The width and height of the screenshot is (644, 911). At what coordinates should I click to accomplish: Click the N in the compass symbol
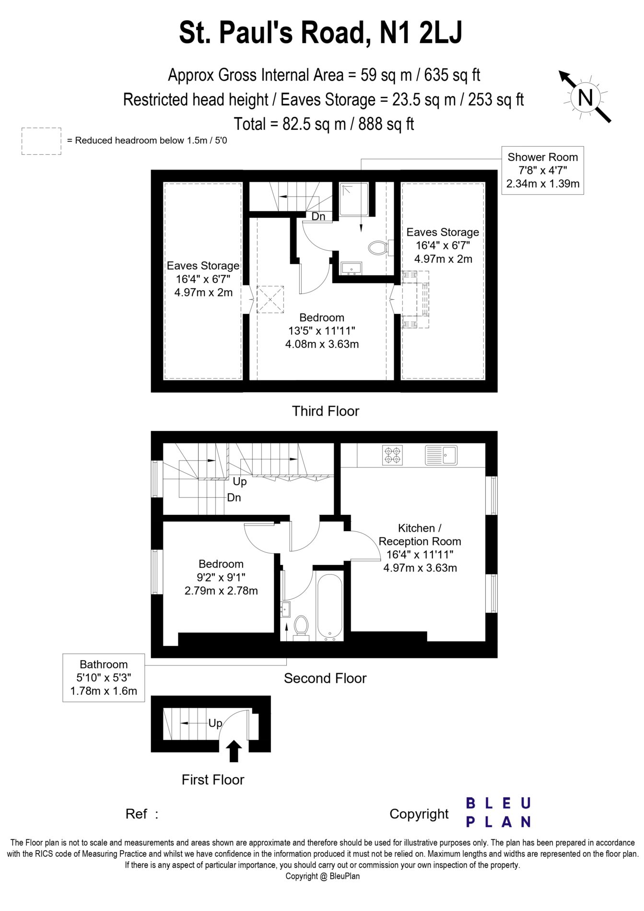[x=585, y=97]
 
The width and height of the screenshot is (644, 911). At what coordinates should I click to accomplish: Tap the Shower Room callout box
[x=542, y=170]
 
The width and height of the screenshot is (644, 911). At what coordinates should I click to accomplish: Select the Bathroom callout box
[x=104, y=677]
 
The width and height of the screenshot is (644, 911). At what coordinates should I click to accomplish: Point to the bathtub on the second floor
[x=329, y=607]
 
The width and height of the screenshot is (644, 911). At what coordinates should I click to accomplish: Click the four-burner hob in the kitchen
[x=392, y=455]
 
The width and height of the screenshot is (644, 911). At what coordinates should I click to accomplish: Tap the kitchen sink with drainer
[x=441, y=455]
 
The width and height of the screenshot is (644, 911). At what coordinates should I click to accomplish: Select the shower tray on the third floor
[x=354, y=199]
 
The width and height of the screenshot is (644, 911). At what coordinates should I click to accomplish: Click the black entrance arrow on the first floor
[x=234, y=751]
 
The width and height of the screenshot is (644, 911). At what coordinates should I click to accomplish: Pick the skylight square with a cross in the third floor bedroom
[x=270, y=299]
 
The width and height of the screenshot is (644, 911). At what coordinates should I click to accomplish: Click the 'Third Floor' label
[x=326, y=411]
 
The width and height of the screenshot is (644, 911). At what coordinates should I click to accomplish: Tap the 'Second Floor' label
[x=325, y=678]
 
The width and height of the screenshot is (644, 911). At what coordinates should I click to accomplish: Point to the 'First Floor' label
[x=213, y=780]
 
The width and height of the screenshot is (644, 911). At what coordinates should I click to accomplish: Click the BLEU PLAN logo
[x=498, y=812]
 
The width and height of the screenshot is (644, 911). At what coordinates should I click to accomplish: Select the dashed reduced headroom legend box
[x=41, y=141]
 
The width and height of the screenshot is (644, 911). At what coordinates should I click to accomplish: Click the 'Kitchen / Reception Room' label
[x=420, y=535]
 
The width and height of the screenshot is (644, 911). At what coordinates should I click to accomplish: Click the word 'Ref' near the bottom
[x=136, y=814]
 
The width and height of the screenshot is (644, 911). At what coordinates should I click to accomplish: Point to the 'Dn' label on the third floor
[x=318, y=216]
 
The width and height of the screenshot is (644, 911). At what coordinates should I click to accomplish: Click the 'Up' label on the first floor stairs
[x=215, y=723]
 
